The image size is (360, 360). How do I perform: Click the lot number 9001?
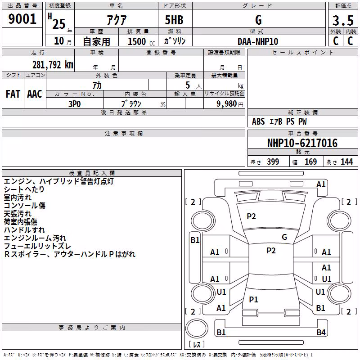pyautogui.click(x=22, y=19)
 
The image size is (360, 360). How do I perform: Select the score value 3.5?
pyautogui.click(x=343, y=21)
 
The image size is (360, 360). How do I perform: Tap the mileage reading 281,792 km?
pyautogui.click(x=53, y=65)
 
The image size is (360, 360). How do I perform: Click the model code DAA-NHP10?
pyautogui.click(x=258, y=41)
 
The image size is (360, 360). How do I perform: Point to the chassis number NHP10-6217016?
pyautogui.click(x=302, y=143)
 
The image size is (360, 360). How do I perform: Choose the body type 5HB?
pyautogui.click(x=174, y=20)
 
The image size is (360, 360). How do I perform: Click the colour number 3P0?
pyautogui.click(x=74, y=104)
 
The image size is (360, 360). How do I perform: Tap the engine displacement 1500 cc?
pyautogui.click(x=141, y=42)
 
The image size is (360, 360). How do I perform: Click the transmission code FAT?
pyautogui.click(x=13, y=94)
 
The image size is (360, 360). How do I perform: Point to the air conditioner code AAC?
pyautogui.click(x=35, y=94)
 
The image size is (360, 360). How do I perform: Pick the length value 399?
pyautogui.click(x=273, y=162)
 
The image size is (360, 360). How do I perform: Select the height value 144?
pyautogui.click(x=346, y=162)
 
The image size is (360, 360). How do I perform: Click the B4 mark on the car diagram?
pyautogui.click(x=321, y=332)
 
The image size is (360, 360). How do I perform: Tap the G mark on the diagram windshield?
pyautogui.click(x=284, y=237)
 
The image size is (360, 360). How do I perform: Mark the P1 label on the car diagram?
pyautogui.click(x=253, y=299)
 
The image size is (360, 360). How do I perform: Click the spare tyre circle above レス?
pyautogui.click(x=197, y=328)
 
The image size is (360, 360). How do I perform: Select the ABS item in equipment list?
pyautogui.click(x=258, y=121)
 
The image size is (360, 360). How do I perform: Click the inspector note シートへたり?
pyautogui.click(x=24, y=189)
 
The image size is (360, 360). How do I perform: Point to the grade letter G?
pyautogui.click(x=258, y=20)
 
